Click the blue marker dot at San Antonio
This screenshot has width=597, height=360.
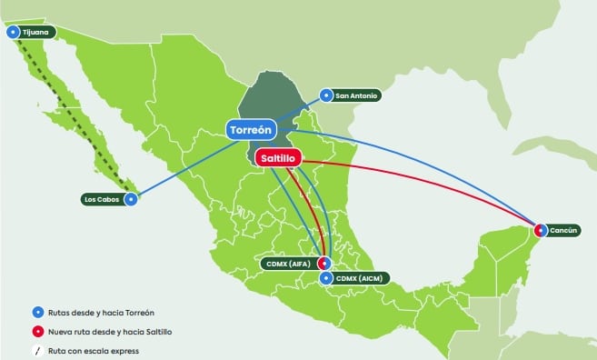pos(326,95)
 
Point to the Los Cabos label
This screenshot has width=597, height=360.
pos(103,198)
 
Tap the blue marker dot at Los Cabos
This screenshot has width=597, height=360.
pos(133,198)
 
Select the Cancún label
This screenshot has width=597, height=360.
pos(564,231)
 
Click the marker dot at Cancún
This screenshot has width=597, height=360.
pos(541,230)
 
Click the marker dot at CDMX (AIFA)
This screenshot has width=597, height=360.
pos(323,263)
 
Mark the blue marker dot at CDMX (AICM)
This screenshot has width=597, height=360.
pos(326,277)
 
